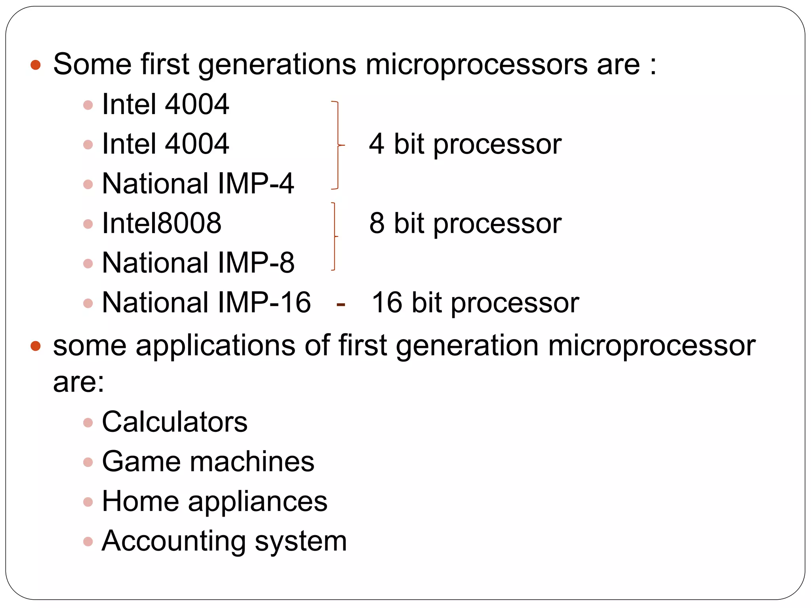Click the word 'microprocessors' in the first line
[476, 65]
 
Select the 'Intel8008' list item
[162, 223]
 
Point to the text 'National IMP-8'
[198, 263]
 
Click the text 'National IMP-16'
[206, 303]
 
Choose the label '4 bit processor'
[465, 144]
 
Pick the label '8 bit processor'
[465, 223]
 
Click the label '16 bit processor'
[475, 303]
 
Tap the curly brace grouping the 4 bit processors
[337, 145]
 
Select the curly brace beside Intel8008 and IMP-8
[335, 236]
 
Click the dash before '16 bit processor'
[341, 305]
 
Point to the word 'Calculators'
[175, 422]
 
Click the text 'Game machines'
[208, 462]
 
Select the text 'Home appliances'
[215, 502]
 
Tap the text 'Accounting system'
[224, 541]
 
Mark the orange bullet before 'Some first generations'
[36, 65]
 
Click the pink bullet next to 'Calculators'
[88, 423]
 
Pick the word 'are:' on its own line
[79, 382]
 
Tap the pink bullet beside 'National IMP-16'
[88, 304]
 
